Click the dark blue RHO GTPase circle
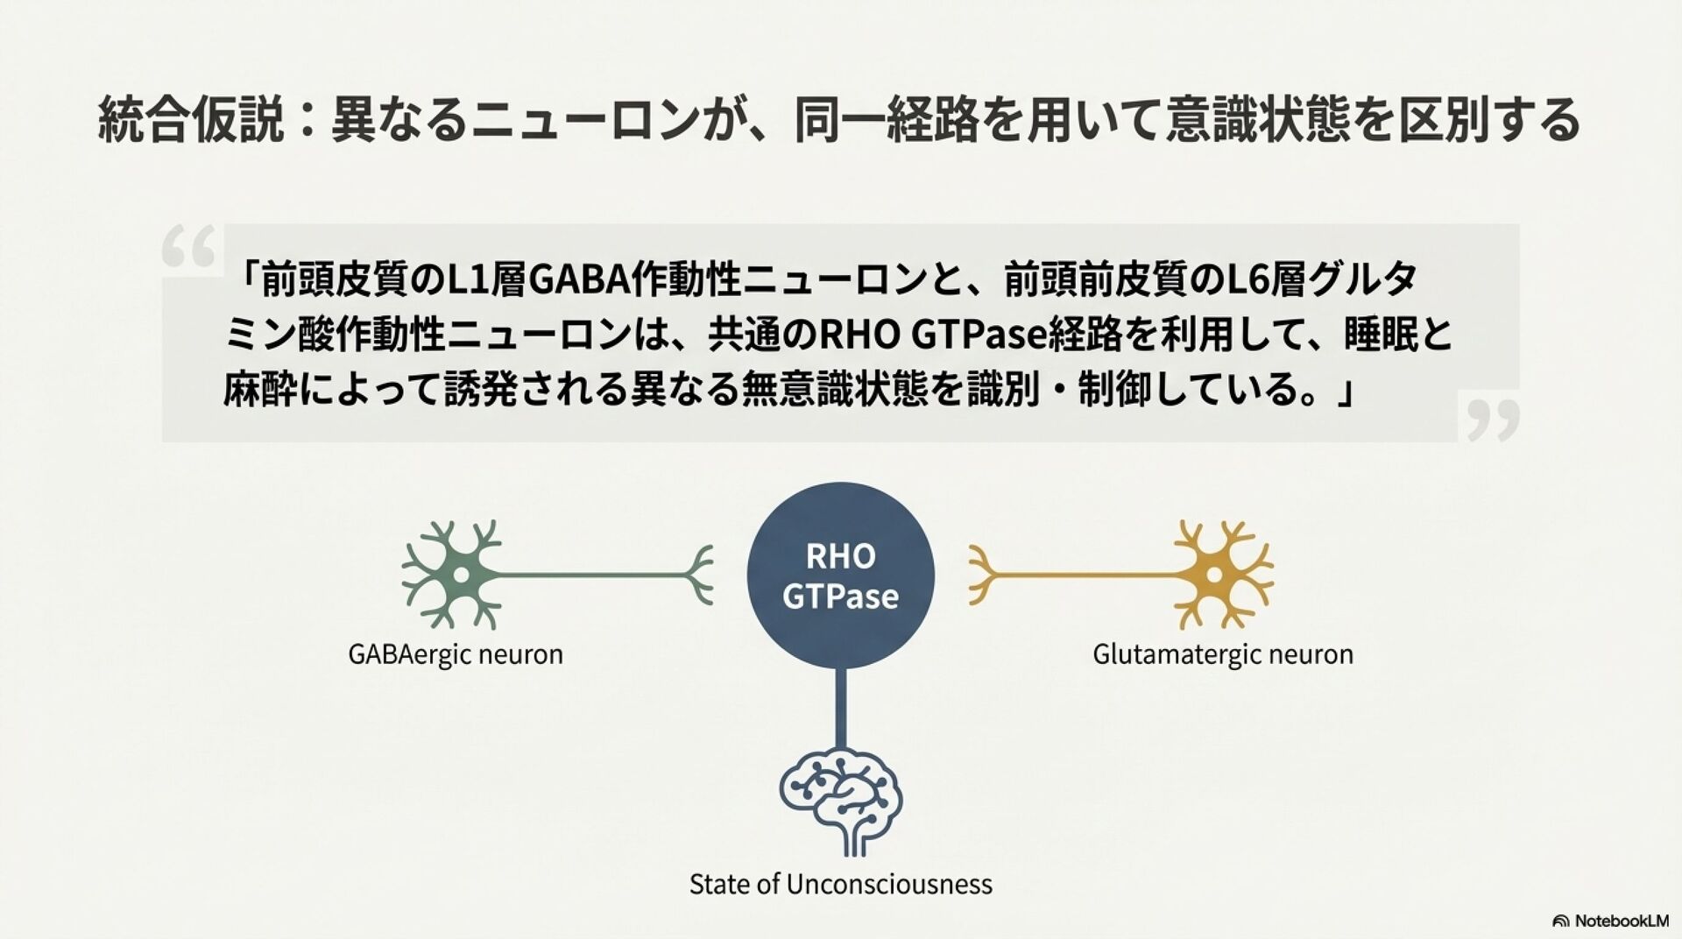(840, 575)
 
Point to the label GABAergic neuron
(456, 654)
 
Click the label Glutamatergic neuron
(1222, 654)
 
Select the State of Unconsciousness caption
(840, 884)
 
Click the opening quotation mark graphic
(188, 246)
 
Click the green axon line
(596, 575)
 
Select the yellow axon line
(1078, 575)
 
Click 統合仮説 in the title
(191, 121)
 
